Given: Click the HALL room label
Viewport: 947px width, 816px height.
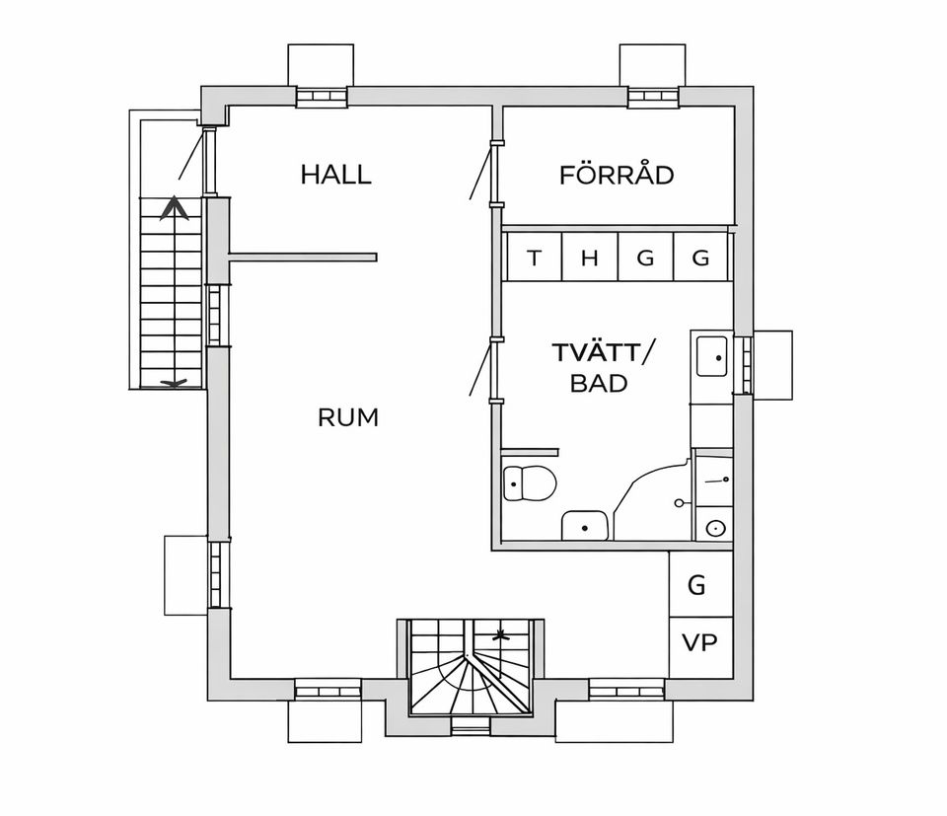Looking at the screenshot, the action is click(x=335, y=175).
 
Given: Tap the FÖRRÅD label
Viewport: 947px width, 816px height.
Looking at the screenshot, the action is click(x=617, y=175).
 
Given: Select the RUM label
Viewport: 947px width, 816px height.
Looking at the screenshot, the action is click(x=348, y=417).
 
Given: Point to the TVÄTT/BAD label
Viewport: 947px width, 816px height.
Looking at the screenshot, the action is click(x=602, y=367).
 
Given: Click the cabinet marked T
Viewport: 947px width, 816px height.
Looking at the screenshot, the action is click(x=535, y=258).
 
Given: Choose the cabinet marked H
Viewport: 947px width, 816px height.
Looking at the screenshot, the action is click(x=590, y=258).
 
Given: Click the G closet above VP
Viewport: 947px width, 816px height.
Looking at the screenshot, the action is click(x=700, y=584).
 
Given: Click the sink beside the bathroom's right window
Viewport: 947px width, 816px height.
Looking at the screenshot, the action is click(x=711, y=356).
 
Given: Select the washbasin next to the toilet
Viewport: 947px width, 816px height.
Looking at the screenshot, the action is click(x=585, y=526).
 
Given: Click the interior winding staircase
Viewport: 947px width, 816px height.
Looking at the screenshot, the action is click(x=471, y=667).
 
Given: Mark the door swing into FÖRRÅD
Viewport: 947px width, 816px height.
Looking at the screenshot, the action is click(x=479, y=172).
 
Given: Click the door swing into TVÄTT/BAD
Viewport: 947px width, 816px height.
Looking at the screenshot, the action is click(x=479, y=368).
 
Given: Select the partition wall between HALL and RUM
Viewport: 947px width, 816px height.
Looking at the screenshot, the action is click(x=303, y=258).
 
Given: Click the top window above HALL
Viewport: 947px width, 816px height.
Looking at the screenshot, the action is click(x=322, y=97).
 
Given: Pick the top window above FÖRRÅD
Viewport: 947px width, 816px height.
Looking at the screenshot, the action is click(x=653, y=97).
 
